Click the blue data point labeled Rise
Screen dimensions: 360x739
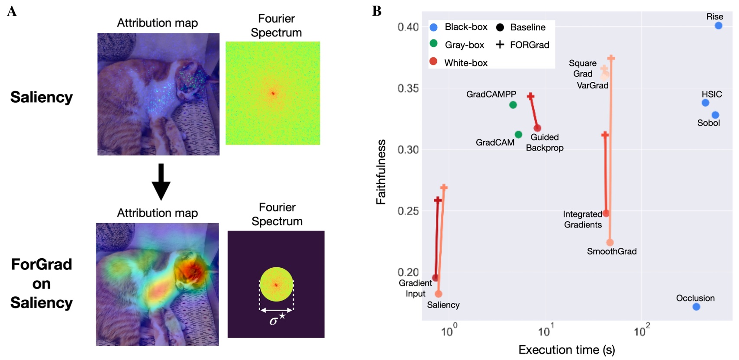click(x=718, y=26)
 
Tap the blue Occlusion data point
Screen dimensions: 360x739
click(x=696, y=307)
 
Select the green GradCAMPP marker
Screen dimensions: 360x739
click(x=513, y=105)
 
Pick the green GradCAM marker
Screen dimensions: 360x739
click(x=518, y=135)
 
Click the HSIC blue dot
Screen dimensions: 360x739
click(x=705, y=103)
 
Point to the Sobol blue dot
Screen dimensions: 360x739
click(x=715, y=115)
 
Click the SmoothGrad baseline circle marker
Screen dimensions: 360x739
click(x=610, y=243)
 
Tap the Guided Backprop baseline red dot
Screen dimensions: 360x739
click(x=537, y=128)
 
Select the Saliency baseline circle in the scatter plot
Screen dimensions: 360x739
click(x=438, y=294)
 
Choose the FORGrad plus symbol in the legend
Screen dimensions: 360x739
click(x=500, y=45)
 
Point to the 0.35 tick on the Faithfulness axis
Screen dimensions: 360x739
click(x=408, y=88)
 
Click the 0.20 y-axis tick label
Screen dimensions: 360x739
click(x=408, y=272)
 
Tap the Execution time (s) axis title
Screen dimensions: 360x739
click(x=566, y=350)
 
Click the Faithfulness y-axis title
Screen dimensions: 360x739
click(x=381, y=172)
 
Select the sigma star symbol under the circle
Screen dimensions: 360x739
click(x=277, y=320)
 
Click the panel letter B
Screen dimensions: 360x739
click(x=377, y=11)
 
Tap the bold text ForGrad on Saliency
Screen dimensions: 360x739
click(x=42, y=283)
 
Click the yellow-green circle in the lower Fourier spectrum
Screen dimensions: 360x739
click(x=276, y=284)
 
